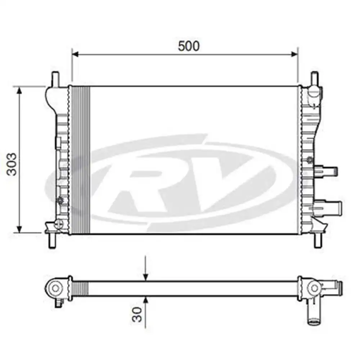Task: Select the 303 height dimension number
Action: [12, 164]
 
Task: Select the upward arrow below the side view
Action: [145, 300]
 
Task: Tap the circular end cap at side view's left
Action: [55, 288]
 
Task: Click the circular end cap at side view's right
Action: [315, 288]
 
